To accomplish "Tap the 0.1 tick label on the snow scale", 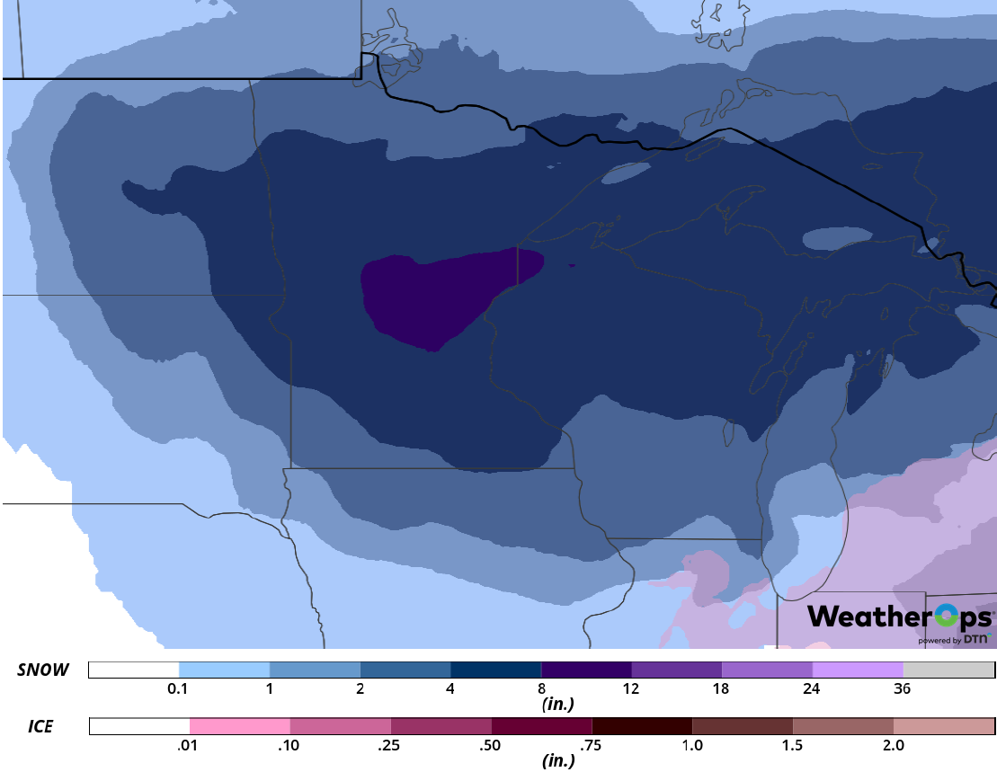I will [178, 689].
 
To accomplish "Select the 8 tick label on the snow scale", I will [540, 689].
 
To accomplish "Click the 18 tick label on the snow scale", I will [721, 689].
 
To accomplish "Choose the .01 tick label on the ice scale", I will [189, 745].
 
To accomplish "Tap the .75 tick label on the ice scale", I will [591, 745].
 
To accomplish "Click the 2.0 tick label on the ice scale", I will [893, 745].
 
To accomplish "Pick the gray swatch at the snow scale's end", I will [948, 670].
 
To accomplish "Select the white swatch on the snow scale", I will [134, 670].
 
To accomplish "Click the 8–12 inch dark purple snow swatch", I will [586, 670].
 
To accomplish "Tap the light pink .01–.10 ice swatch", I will [240, 726].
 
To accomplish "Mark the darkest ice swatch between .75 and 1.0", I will [642, 726].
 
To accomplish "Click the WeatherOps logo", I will [899, 617].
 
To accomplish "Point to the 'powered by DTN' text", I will [954, 640].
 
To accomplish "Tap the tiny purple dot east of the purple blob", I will [572, 265].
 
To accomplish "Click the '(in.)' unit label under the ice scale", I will [558, 760].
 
